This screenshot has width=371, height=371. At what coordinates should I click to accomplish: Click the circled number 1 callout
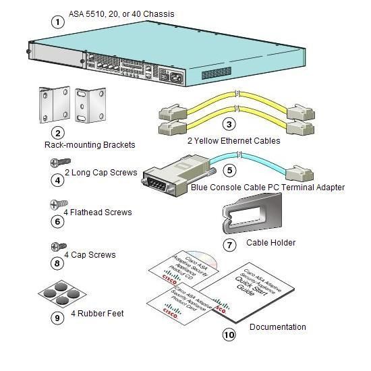point(59,21)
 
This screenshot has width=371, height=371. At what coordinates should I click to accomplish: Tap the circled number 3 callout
point(229,124)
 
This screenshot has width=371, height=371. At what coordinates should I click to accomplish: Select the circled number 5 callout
point(229,171)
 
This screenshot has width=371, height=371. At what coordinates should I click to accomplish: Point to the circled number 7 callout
point(229,245)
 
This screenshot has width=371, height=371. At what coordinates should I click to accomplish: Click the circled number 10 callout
point(229,334)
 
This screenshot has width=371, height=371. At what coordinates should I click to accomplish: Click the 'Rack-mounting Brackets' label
point(90,144)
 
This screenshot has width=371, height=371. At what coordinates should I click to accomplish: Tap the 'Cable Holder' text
point(270,243)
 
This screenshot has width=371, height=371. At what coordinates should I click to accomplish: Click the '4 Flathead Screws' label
point(98,212)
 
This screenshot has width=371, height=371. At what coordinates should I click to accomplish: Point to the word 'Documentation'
point(277,327)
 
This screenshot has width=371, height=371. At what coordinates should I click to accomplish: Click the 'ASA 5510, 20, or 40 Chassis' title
point(121,13)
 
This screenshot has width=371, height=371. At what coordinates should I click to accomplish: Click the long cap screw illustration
point(60,163)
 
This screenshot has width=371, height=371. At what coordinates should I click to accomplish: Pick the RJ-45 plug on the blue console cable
point(300,173)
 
